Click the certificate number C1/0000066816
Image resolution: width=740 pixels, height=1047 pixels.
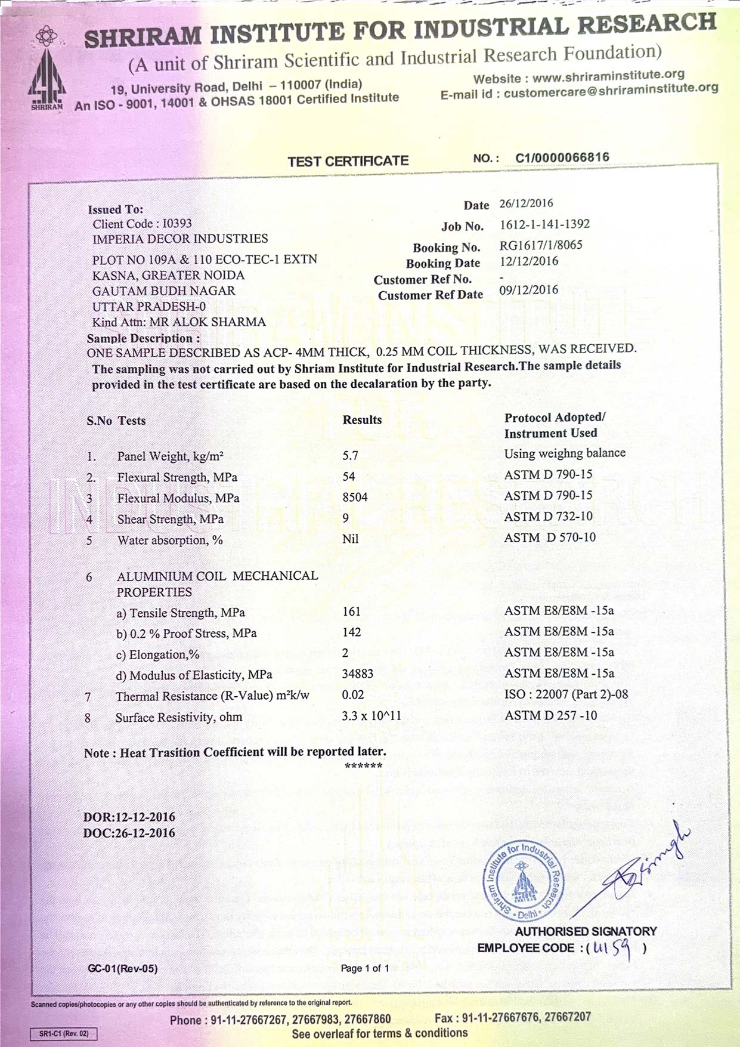(x=562, y=157)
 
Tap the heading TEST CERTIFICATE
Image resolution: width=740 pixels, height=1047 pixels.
(x=348, y=161)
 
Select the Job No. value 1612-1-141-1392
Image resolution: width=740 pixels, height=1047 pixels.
(x=544, y=224)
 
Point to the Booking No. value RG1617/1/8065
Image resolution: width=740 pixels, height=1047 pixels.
(x=540, y=245)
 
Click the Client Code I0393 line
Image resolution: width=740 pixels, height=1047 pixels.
(x=142, y=224)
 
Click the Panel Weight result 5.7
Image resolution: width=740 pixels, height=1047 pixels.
(x=350, y=456)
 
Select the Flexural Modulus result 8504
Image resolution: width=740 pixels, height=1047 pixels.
(x=355, y=498)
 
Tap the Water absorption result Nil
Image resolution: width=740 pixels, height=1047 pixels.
(x=350, y=539)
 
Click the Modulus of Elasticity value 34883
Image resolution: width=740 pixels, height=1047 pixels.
(x=357, y=674)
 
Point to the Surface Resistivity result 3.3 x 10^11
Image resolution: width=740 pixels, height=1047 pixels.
(x=371, y=715)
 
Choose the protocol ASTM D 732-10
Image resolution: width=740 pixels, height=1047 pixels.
(x=548, y=516)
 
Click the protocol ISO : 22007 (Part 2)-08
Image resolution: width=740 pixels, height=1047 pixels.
(x=565, y=694)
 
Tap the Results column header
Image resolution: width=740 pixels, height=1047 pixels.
(x=362, y=420)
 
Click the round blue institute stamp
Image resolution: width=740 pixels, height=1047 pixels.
(x=522, y=881)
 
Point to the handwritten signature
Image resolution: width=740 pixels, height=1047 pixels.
(x=638, y=865)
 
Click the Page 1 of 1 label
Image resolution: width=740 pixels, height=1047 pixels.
(x=364, y=968)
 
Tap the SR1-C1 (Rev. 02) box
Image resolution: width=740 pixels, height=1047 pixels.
(x=63, y=1033)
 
